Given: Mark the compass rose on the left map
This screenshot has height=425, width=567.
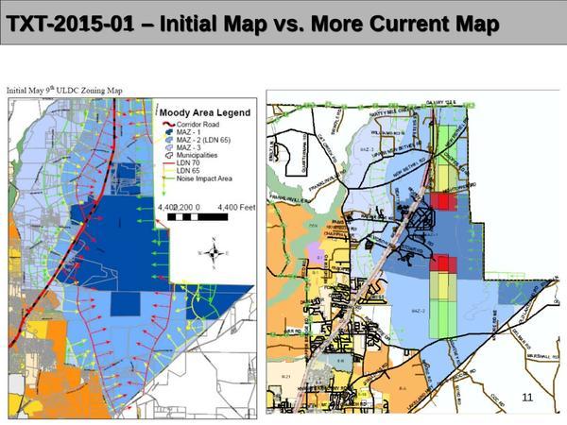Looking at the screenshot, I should click(x=215, y=253).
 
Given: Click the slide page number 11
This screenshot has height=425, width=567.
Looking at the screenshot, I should click(x=527, y=397).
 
